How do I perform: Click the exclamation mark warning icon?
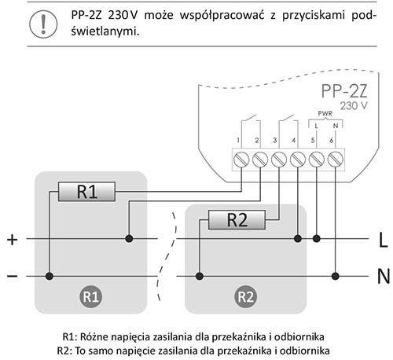point(43,24)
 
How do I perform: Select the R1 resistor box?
point(86,192)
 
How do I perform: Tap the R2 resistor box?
point(237,220)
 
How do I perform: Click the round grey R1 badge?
point(90,296)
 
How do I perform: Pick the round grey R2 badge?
point(245,296)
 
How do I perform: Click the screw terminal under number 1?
point(241,160)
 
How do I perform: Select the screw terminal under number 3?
point(279,160)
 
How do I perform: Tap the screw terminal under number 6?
point(336,160)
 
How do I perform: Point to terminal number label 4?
point(294,141)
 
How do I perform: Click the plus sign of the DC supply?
point(12,240)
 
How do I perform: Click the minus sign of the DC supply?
point(12,276)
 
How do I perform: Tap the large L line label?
point(383,240)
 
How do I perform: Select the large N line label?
point(384,276)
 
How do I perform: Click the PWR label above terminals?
point(325,113)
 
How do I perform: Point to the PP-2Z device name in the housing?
point(344,91)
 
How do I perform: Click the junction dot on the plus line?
point(129,239)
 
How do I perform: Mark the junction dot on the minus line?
point(50,276)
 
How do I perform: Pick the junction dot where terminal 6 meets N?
point(336,276)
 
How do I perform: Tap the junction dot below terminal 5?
point(317,239)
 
